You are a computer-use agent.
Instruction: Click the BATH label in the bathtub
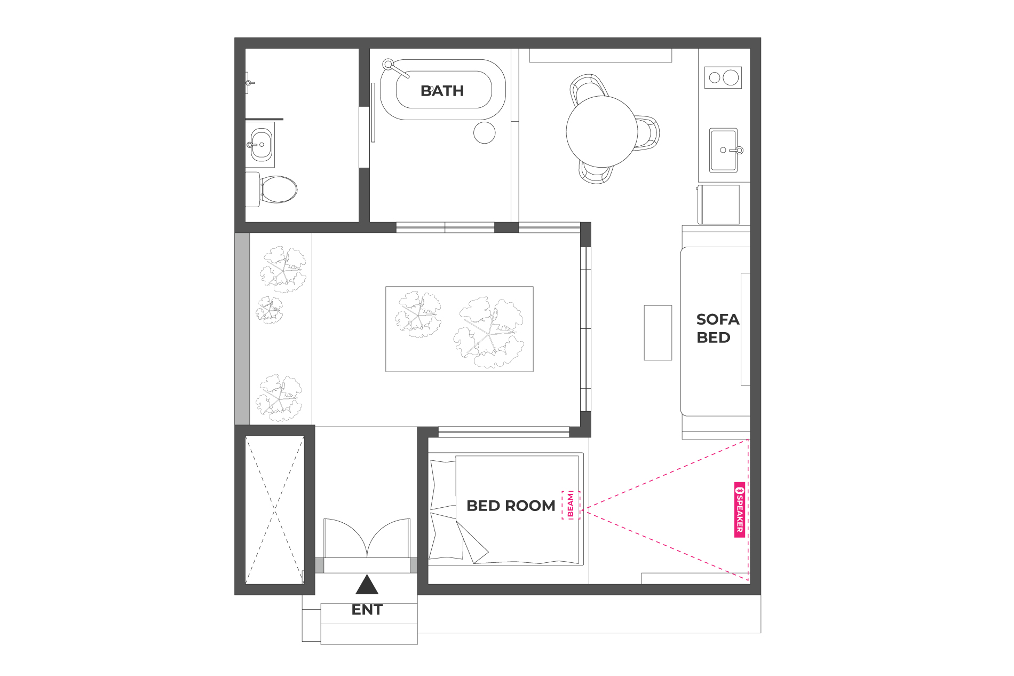click(x=442, y=91)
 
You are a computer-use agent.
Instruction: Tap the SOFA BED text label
click(x=718, y=328)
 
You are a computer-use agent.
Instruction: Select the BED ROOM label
click(x=511, y=506)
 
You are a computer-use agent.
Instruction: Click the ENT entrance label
click(x=367, y=610)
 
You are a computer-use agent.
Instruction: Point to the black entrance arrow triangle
click(x=367, y=585)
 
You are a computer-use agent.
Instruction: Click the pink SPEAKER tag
click(x=740, y=510)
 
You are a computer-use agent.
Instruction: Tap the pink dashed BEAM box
click(x=571, y=505)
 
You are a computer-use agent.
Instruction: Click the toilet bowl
click(x=278, y=190)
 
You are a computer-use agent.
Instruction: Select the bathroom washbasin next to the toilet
click(x=261, y=144)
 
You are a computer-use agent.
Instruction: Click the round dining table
click(x=602, y=131)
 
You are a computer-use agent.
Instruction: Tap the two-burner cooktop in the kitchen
click(x=723, y=78)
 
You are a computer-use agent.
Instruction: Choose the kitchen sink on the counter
click(x=724, y=150)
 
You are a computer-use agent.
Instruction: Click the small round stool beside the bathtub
click(x=485, y=132)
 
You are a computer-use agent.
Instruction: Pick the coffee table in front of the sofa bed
click(x=658, y=333)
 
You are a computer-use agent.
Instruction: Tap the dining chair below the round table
click(x=596, y=172)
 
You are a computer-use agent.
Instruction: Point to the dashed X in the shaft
click(x=274, y=510)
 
